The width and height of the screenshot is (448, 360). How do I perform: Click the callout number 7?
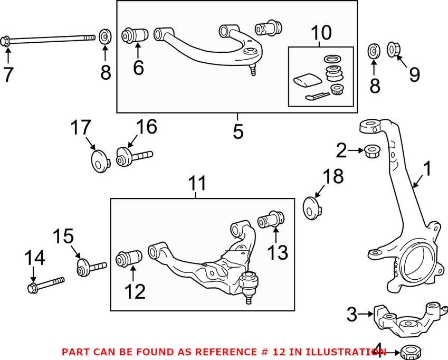8,74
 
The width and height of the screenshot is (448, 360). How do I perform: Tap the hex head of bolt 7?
5,42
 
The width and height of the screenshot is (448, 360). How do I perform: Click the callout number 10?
321,33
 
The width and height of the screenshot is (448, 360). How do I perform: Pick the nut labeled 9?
394,50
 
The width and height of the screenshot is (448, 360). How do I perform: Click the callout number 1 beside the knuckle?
426,168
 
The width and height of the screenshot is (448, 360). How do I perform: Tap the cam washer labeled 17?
100,162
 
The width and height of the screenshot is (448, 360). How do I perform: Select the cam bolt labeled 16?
134,157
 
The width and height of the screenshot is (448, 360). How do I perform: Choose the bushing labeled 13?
271,219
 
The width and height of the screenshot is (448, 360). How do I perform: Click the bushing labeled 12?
129,258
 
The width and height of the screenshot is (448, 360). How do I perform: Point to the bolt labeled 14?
46,285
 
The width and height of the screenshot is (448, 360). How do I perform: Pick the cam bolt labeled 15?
92,268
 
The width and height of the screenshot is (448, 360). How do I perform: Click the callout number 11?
197,183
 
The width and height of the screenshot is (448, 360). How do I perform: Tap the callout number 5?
239,131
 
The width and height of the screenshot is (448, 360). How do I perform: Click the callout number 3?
352,314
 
